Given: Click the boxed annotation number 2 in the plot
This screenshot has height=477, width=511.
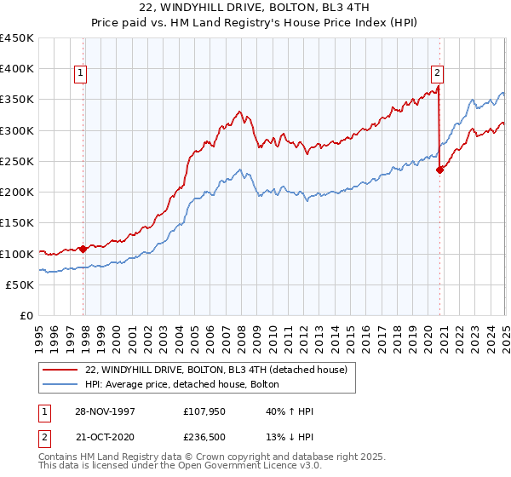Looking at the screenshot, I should point(436,74).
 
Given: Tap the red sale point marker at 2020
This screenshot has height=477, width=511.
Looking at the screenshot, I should point(440,170).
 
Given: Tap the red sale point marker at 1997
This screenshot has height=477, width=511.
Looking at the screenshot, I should point(83,249).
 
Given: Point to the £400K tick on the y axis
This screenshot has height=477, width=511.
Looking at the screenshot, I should point(17,69).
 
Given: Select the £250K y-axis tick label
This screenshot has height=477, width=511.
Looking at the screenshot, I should point(17,161).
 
